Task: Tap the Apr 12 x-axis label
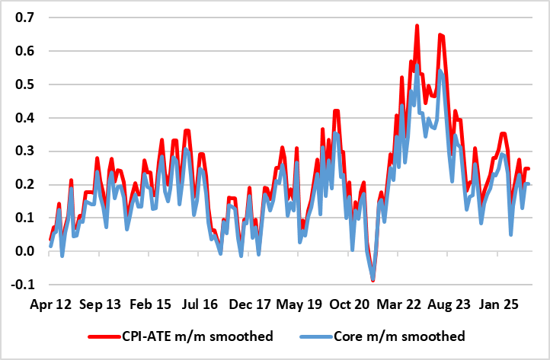click(x=50, y=303)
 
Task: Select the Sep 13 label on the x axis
click(x=100, y=303)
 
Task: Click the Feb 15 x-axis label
click(x=149, y=303)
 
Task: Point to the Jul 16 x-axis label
click(x=199, y=303)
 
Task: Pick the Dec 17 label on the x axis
click(x=250, y=303)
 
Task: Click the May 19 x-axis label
click(x=299, y=303)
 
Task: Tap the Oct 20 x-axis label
click(x=350, y=303)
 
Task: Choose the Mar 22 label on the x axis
click(x=400, y=303)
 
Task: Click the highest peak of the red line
click(x=417, y=26)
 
